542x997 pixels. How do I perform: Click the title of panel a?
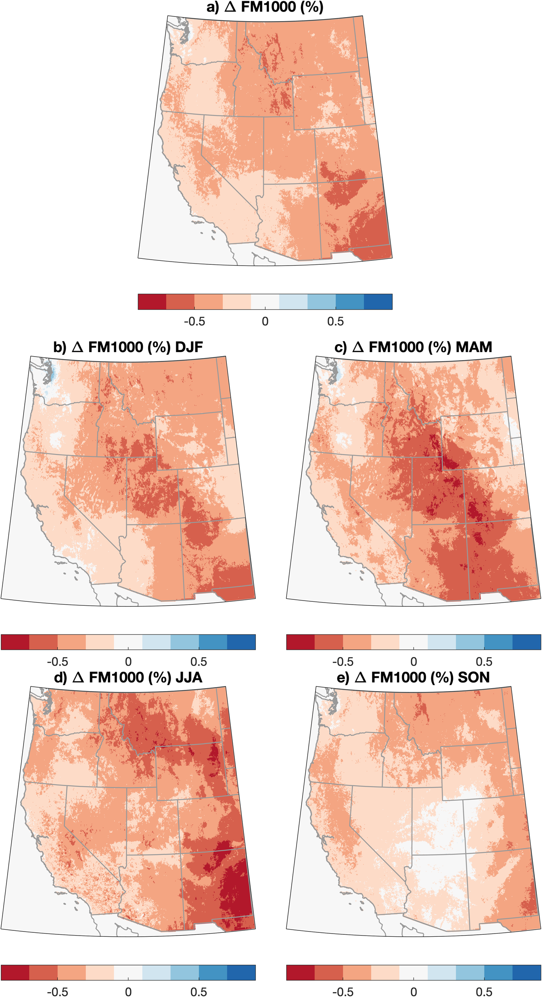click(265, 7)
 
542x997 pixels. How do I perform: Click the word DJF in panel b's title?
click(189, 347)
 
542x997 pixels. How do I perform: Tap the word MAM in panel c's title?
click(474, 347)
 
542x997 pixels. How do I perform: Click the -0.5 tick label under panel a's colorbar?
click(194, 321)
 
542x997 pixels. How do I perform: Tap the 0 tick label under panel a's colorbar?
click(265, 321)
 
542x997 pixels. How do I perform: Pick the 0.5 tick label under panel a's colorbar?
click(336, 321)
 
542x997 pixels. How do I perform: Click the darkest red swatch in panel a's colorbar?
click(152, 302)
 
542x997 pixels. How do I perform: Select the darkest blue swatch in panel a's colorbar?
click(378, 302)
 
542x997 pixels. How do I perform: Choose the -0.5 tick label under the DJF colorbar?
click(57, 662)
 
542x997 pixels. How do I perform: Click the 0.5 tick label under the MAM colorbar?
click(484, 662)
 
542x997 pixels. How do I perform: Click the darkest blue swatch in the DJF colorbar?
click(241, 642)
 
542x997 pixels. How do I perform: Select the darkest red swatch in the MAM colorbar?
click(300, 642)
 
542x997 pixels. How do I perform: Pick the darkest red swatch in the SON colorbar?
click(300, 972)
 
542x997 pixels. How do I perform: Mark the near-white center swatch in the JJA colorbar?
click(128, 972)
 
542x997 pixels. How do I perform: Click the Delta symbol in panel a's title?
click(230, 7)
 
